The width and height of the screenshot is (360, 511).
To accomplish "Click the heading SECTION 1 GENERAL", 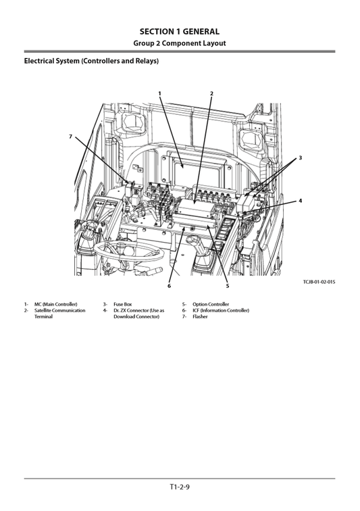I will (180, 31).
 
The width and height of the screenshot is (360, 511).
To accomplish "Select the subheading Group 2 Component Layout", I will (180, 43).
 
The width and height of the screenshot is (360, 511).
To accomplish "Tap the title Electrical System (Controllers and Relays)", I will (91, 62).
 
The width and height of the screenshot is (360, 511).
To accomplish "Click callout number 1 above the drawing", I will (160, 93).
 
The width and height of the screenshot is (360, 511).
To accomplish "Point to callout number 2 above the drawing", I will (211, 93).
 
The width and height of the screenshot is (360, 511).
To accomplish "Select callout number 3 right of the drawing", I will (300, 157).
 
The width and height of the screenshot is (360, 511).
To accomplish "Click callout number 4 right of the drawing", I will (300, 201).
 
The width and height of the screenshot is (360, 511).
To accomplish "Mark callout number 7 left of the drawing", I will (70, 137).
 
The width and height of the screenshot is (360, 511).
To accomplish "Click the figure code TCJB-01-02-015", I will (319, 282).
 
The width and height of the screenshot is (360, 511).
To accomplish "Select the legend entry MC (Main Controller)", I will (55, 304).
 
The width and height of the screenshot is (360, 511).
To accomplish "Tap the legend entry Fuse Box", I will (122, 304).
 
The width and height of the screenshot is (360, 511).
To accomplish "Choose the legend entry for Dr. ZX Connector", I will (138, 313).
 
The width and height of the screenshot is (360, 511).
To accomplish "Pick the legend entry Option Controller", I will (210, 304).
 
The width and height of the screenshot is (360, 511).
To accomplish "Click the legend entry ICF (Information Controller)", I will (220, 310).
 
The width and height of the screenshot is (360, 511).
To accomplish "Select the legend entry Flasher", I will (200, 316).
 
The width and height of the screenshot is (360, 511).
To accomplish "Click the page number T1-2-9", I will (180, 487).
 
